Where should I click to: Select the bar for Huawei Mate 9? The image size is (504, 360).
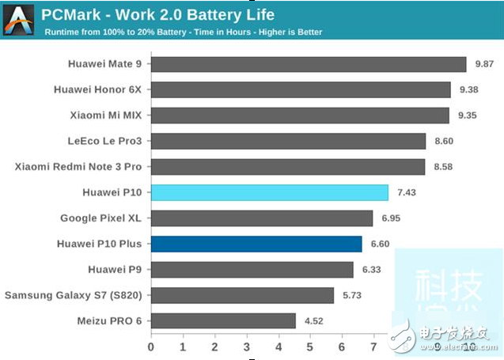coord(309,64)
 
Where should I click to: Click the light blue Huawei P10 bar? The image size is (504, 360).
coord(269,192)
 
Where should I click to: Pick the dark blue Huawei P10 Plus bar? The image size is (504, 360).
coord(256,244)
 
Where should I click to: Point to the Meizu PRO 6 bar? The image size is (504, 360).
coord(223,320)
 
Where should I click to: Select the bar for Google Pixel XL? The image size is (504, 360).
coord(261,218)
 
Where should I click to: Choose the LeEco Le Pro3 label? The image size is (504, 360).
coord(104,142)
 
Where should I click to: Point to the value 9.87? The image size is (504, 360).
coord(484,64)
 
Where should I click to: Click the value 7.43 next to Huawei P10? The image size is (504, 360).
coord(407,192)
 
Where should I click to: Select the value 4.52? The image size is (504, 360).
coord(314,320)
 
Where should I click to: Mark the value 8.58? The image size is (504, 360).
coord(444,167)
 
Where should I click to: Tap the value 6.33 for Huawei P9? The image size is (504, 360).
coord(372,270)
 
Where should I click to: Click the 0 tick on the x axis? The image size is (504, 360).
coord(151,347)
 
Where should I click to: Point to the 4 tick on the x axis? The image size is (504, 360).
coord(279,347)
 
